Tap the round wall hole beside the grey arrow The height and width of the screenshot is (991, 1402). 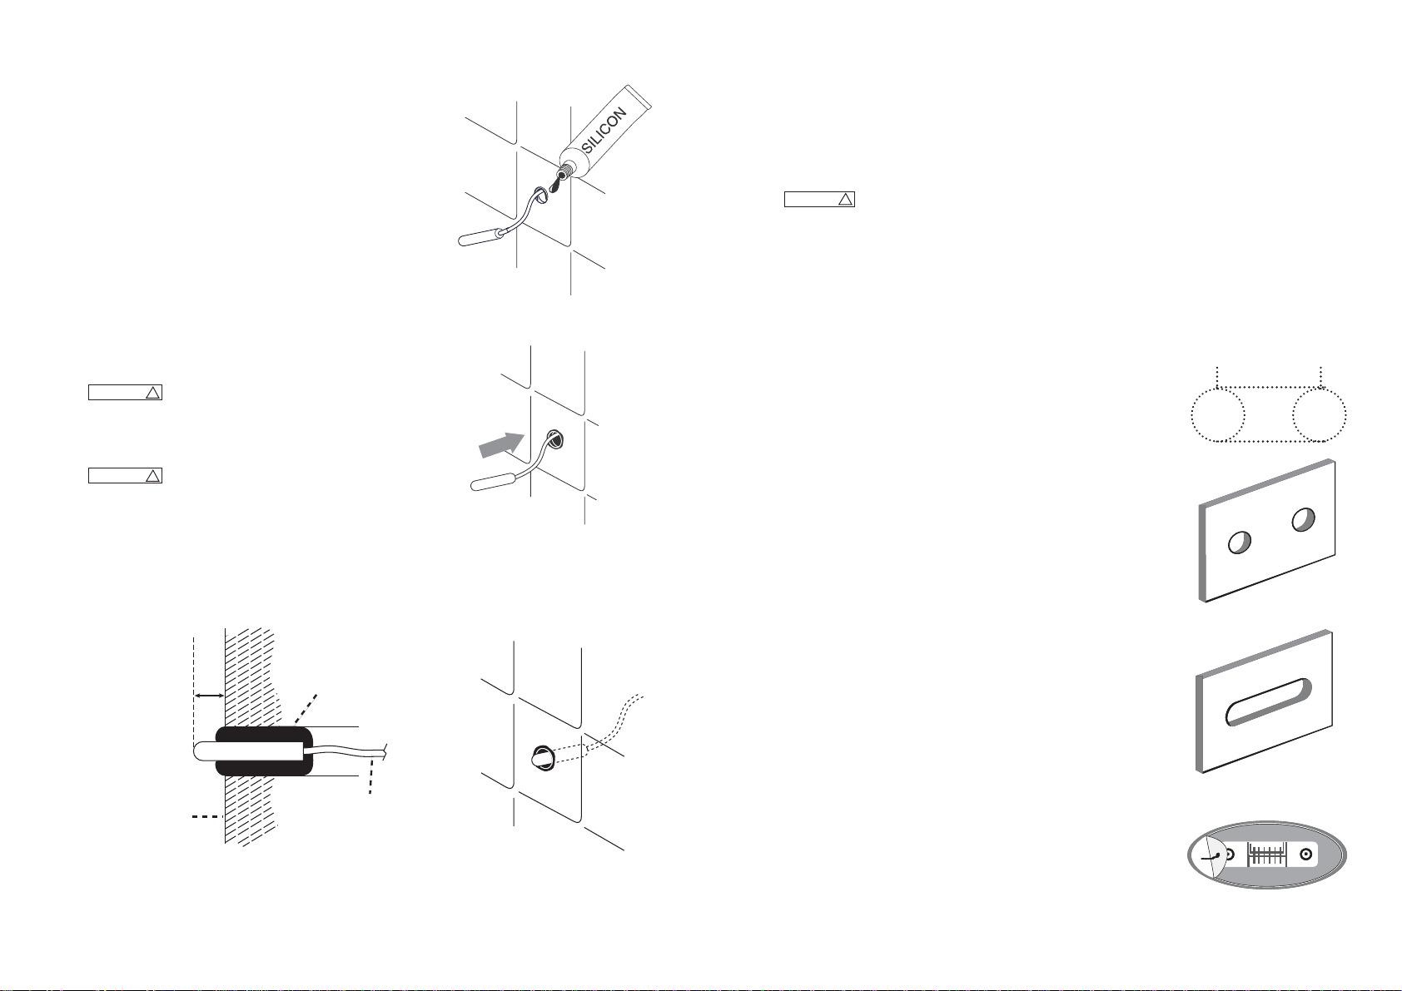[x=554, y=439]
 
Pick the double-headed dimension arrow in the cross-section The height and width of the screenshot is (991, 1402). [x=208, y=695]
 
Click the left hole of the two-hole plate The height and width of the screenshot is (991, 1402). [x=1238, y=542]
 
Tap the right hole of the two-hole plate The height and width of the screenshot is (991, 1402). [x=1304, y=520]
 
